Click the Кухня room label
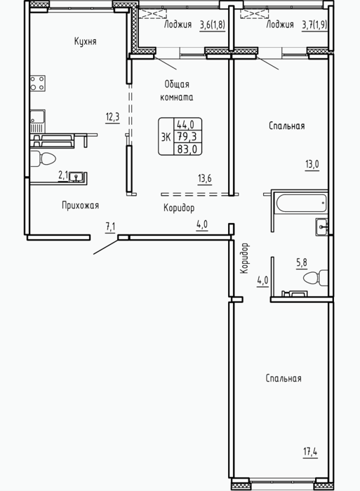pos(85,41)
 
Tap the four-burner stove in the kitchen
pos(38,83)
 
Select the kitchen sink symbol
pos(38,121)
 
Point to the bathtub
pos(301,203)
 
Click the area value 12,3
pos(112,117)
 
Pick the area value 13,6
pos(205,178)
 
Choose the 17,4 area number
pos(310,452)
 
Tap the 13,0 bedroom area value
pos(312,164)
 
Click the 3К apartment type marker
pos(166,137)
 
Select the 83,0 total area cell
pos(187,149)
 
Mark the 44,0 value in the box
pos(185,125)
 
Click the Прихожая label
pos(80,206)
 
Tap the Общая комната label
pos(177,90)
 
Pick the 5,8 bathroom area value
pos(302,262)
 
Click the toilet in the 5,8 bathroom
pos(316,278)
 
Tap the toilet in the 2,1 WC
pos(44,159)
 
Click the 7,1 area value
pos(110,227)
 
